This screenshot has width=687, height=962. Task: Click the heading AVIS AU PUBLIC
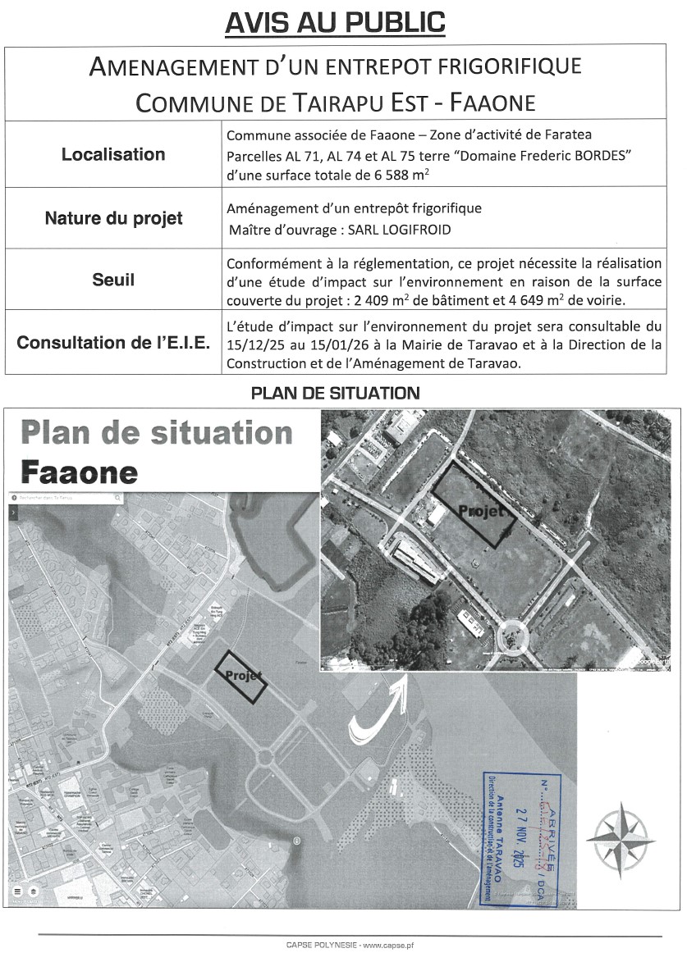point(335,22)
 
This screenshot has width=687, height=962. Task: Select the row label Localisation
point(113,154)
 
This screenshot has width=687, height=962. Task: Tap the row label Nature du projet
point(113,218)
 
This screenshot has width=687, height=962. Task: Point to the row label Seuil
point(113,280)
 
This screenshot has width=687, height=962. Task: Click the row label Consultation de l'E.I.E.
point(113,342)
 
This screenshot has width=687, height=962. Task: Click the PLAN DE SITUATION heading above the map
point(335,394)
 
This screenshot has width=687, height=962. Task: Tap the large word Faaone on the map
point(79,472)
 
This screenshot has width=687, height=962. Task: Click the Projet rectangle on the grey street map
point(241,677)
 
